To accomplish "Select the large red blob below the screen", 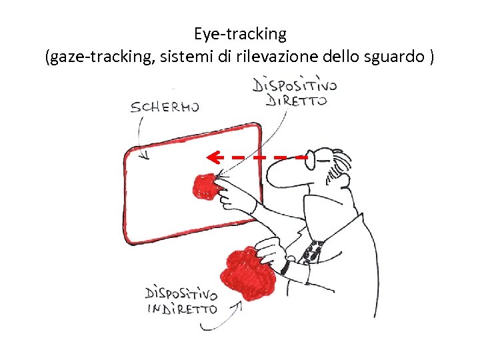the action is pos(247,271).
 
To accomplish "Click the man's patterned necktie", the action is pos(313,251).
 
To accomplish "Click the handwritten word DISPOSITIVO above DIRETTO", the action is pos(295,85).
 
